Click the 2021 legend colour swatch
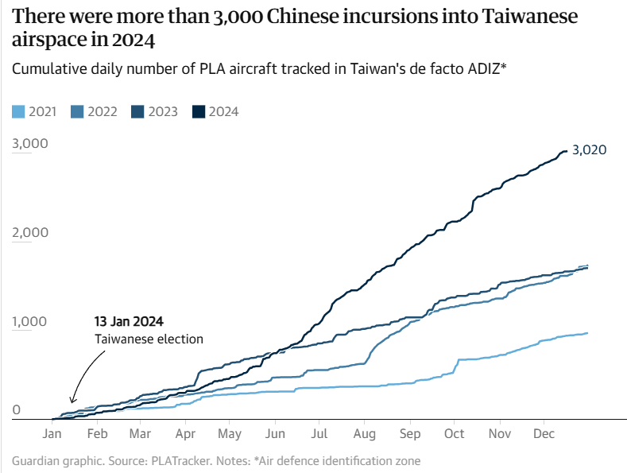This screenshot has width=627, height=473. [19, 111]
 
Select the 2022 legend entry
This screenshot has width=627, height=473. [94, 111]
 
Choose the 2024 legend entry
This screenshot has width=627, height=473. [215, 111]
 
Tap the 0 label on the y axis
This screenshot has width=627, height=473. [17, 411]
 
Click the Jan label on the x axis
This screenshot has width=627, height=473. [52, 434]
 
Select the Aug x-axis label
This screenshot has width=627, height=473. [364, 434]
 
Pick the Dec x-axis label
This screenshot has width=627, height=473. [544, 434]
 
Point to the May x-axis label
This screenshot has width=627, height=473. [230, 434]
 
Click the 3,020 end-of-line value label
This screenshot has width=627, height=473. [590, 150]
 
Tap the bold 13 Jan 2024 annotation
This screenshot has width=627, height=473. [129, 322]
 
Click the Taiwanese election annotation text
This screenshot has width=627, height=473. [149, 339]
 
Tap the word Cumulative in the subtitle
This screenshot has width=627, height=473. [50, 68]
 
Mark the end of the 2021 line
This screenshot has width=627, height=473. [587, 333]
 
